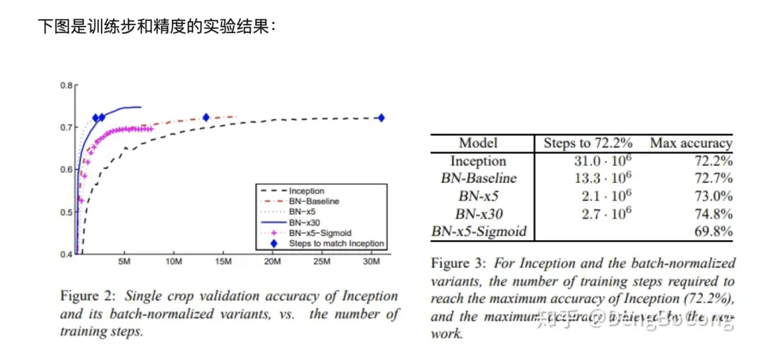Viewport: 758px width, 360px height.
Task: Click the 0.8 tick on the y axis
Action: point(67,85)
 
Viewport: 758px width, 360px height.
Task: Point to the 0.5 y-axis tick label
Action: point(67,212)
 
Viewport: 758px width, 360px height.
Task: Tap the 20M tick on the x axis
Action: point(272,262)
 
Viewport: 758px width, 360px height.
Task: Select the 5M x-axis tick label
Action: point(124,262)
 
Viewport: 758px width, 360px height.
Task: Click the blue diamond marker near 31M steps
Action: point(381,118)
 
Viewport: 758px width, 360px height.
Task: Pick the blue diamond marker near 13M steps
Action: point(206,118)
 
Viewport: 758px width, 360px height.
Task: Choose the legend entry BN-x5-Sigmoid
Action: point(317,232)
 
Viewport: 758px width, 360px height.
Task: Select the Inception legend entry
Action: point(307,191)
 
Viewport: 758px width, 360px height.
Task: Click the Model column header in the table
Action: point(478,143)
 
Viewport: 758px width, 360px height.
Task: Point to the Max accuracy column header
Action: point(691,143)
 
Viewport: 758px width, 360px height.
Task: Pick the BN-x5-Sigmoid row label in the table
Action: point(478,231)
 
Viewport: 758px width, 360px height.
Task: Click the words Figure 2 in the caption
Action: point(88,296)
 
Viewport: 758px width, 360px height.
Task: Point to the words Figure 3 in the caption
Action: point(458,264)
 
